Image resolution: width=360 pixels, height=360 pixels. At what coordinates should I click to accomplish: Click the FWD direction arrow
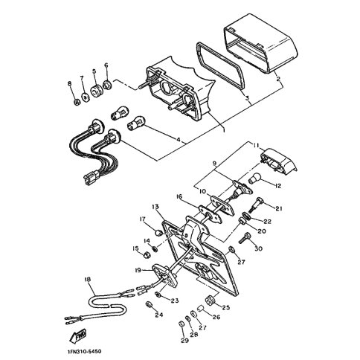click(x=78, y=336)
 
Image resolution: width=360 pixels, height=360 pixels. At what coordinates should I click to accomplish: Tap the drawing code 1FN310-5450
click(x=84, y=352)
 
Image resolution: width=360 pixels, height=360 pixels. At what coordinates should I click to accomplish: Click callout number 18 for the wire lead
click(x=87, y=280)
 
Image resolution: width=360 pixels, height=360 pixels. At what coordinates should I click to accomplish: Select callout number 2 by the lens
click(x=278, y=79)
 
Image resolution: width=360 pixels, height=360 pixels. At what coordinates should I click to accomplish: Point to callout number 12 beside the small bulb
click(x=278, y=186)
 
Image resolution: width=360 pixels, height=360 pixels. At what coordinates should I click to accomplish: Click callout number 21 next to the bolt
click(x=279, y=209)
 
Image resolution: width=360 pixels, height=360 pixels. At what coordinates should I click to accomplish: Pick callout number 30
click(x=258, y=248)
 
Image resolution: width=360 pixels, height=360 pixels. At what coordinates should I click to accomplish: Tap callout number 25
click(x=226, y=308)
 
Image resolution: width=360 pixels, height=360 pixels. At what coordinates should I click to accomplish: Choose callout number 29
click(x=184, y=341)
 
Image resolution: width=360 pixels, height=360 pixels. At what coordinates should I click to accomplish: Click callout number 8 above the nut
click(x=69, y=83)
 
